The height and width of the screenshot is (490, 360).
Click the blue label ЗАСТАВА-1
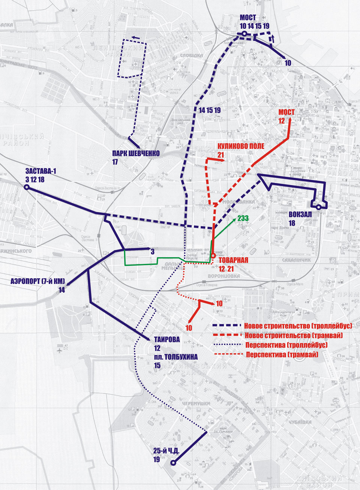40,172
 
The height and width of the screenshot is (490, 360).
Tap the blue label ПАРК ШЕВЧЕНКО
136,154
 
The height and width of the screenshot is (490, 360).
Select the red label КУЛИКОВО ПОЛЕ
241,146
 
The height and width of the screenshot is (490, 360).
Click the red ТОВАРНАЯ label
233,261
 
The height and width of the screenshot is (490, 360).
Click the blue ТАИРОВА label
167,340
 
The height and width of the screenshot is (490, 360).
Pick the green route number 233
243,218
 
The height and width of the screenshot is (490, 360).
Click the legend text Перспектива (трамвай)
282,354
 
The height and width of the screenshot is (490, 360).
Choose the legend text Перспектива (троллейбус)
287,345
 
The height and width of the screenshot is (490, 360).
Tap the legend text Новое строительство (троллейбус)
298,325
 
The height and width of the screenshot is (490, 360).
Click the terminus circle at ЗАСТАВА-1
27,187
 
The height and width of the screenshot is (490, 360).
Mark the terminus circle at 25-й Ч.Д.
173,463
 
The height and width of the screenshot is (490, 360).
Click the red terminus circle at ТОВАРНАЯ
213,256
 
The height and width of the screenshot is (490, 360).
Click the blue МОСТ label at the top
248,18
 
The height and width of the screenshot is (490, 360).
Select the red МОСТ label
286,112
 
